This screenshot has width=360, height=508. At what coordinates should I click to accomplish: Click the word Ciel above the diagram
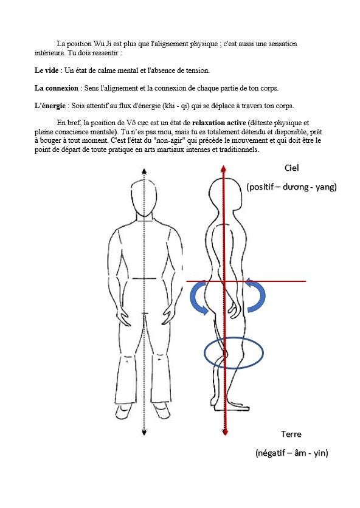point(291,168)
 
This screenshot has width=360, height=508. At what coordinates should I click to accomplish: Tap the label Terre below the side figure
point(291,434)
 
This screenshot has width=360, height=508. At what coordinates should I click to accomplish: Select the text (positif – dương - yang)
point(291,187)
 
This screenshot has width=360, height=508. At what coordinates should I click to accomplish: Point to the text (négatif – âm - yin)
point(291,452)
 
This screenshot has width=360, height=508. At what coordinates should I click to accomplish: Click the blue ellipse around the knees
point(205,353)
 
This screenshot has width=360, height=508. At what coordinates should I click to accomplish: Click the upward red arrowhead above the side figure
point(223,168)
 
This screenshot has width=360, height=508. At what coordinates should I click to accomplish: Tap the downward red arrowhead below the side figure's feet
point(225,431)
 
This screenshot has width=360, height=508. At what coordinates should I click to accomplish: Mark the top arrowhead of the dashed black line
point(144,172)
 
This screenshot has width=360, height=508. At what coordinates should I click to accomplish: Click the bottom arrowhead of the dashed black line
point(144,432)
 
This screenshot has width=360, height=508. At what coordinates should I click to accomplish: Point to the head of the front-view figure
point(144,197)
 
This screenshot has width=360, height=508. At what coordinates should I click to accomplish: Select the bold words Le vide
point(47,70)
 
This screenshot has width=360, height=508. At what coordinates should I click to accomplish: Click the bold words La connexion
point(57,88)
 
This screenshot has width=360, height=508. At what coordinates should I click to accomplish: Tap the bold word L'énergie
point(50,106)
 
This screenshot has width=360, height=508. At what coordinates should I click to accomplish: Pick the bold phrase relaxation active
point(219,123)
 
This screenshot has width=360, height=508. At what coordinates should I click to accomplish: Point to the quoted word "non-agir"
point(171,140)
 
